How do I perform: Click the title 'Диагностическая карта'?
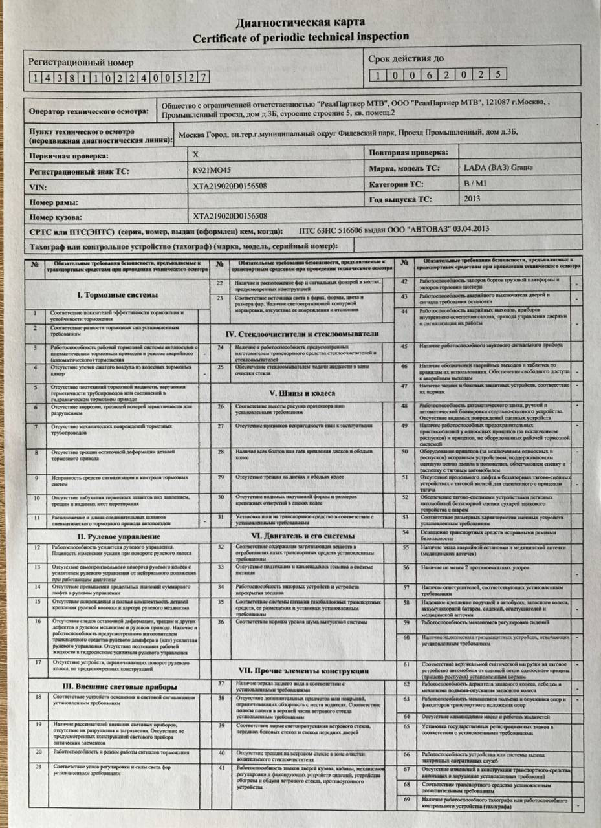(x=300, y=23)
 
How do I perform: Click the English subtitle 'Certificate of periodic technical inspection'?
(x=300, y=38)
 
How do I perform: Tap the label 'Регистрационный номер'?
(x=81, y=63)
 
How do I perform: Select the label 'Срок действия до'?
(x=406, y=60)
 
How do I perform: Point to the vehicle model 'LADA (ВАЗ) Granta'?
(x=498, y=168)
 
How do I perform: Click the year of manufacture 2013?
(x=472, y=199)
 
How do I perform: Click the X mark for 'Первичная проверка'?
(x=197, y=155)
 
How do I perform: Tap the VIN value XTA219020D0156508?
(x=230, y=186)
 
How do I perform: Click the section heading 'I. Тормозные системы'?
(x=117, y=295)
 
